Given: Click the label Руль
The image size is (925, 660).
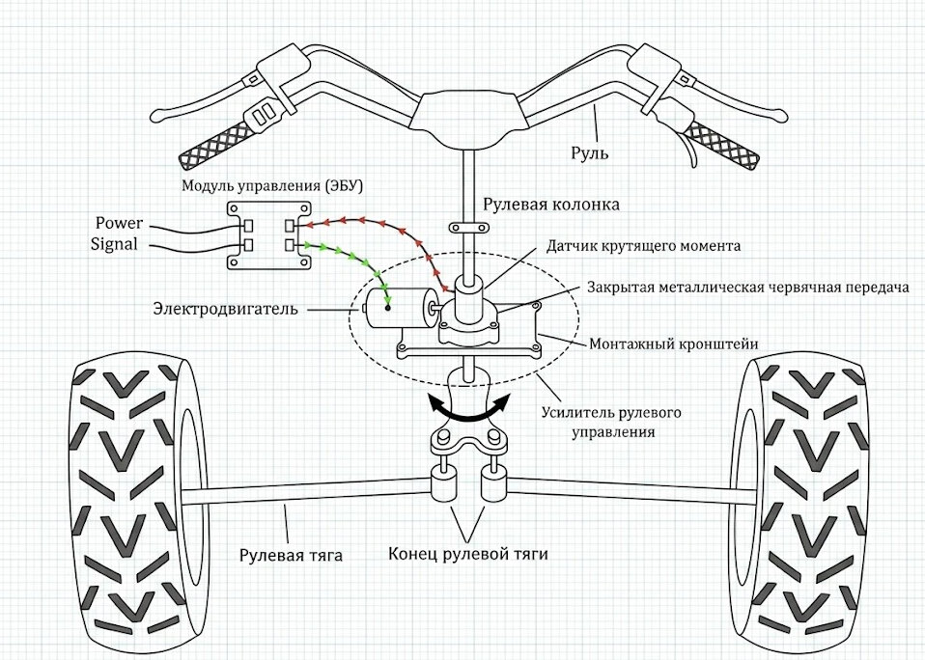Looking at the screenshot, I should coord(592,152).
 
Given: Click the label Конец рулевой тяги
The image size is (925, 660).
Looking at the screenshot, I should coord(468,554).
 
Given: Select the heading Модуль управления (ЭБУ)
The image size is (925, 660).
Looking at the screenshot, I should coord(272,183).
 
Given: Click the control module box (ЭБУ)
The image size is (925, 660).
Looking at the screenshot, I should coord(269,235).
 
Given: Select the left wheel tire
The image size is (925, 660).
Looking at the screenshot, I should coord(131,503).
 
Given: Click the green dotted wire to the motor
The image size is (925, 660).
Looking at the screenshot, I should coord(357,260).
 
